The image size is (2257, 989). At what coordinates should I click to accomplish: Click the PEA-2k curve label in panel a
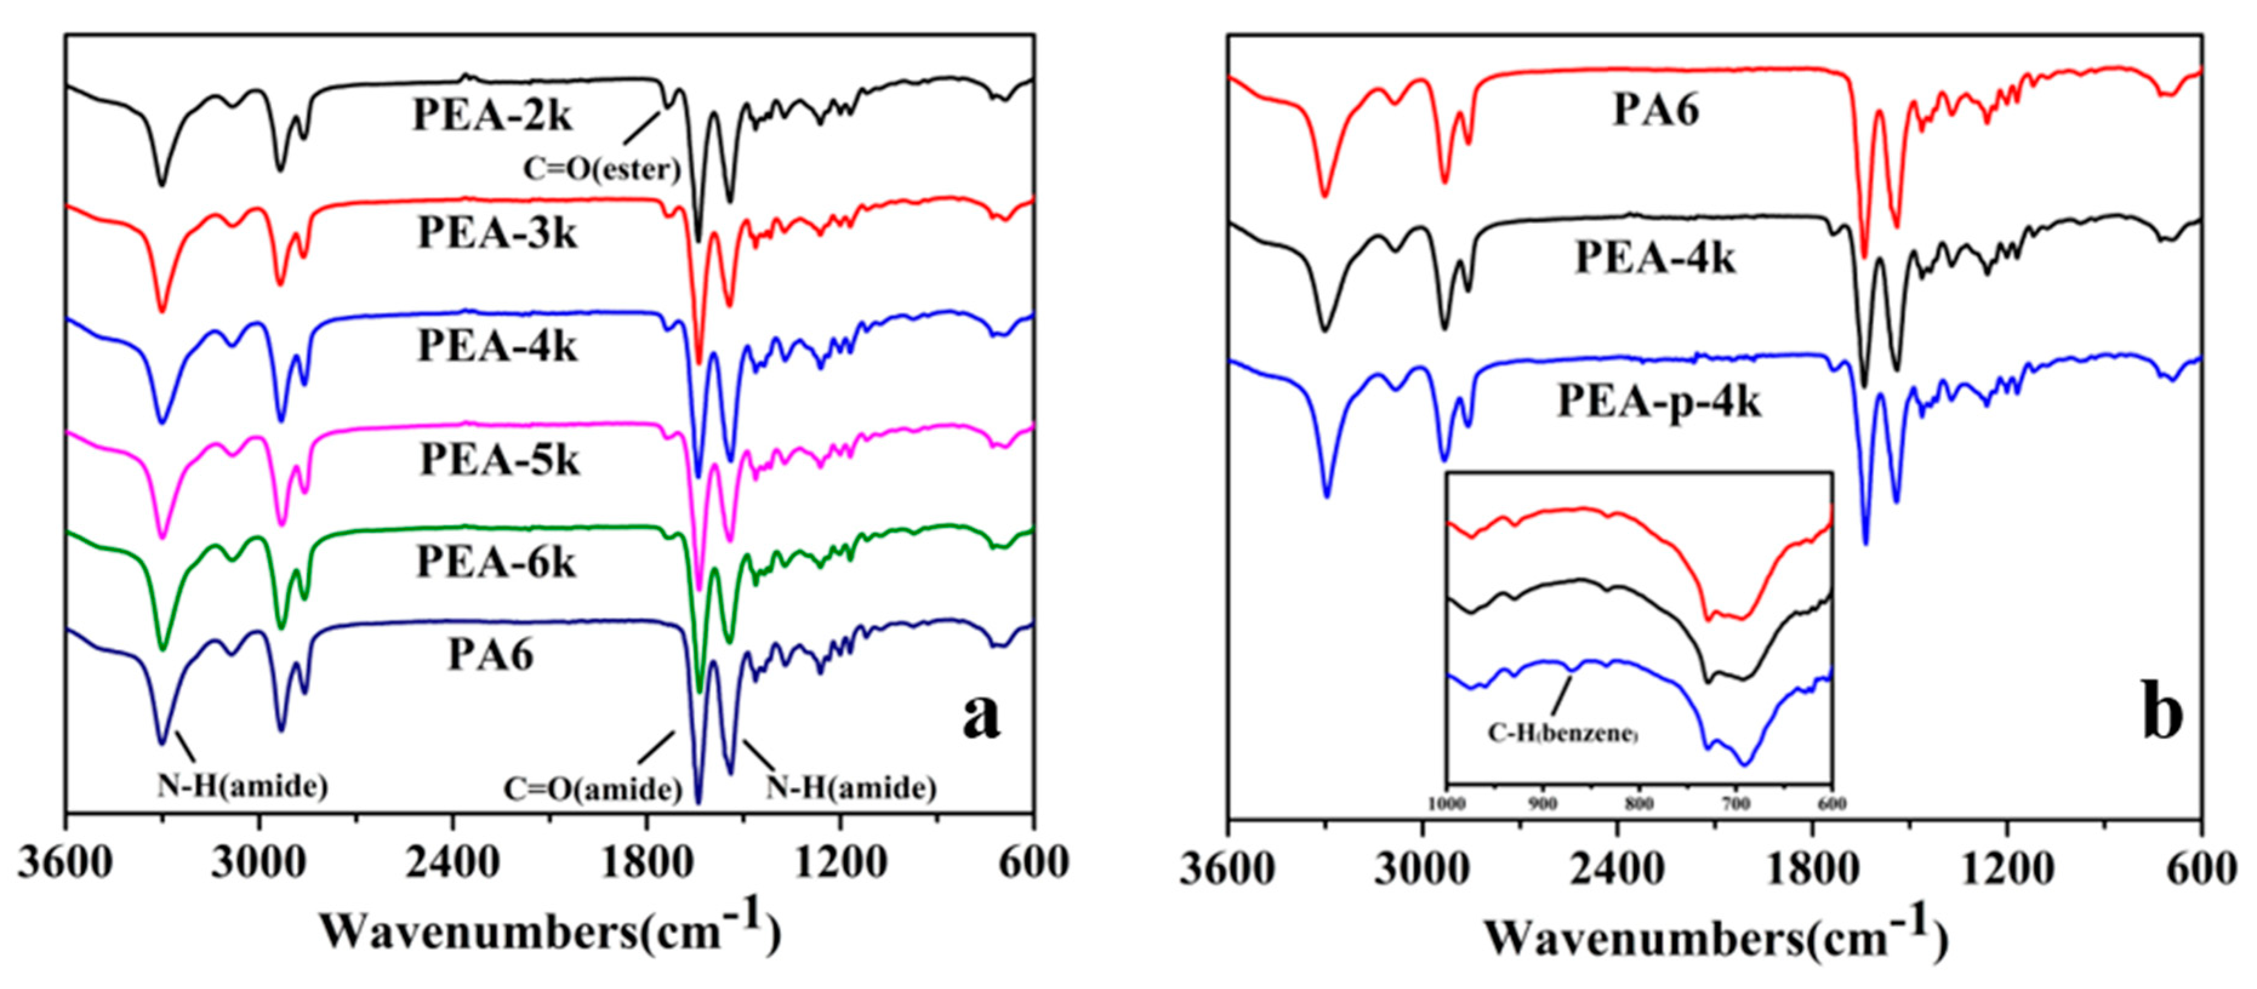[492, 116]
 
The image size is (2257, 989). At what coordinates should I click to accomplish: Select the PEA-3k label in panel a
[497, 233]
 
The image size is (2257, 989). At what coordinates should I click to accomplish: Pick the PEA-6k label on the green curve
[496, 562]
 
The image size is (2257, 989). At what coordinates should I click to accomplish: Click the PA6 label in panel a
[490, 654]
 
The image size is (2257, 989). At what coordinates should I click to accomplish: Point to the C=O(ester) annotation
[602, 169]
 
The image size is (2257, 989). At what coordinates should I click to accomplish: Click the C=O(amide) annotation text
[592, 789]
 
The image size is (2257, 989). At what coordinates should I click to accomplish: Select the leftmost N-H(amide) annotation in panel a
[242, 786]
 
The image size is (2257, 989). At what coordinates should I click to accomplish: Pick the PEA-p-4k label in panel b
[1659, 403]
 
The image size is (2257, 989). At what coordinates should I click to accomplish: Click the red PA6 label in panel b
[1656, 112]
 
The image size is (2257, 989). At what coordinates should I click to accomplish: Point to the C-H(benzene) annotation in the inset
[1563, 732]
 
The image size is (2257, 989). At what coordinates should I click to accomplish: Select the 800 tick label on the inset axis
[1639, 804]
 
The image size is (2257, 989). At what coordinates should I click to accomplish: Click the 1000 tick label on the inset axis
[1446, 804]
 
